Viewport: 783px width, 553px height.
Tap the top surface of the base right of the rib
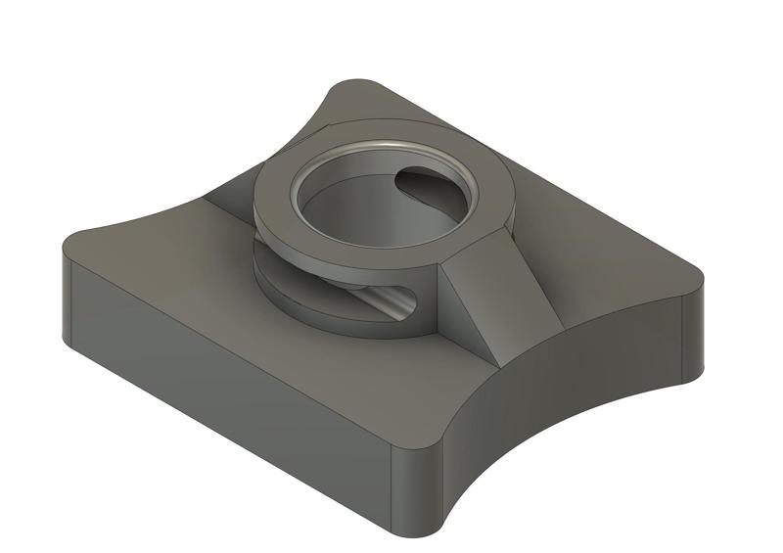607,264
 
